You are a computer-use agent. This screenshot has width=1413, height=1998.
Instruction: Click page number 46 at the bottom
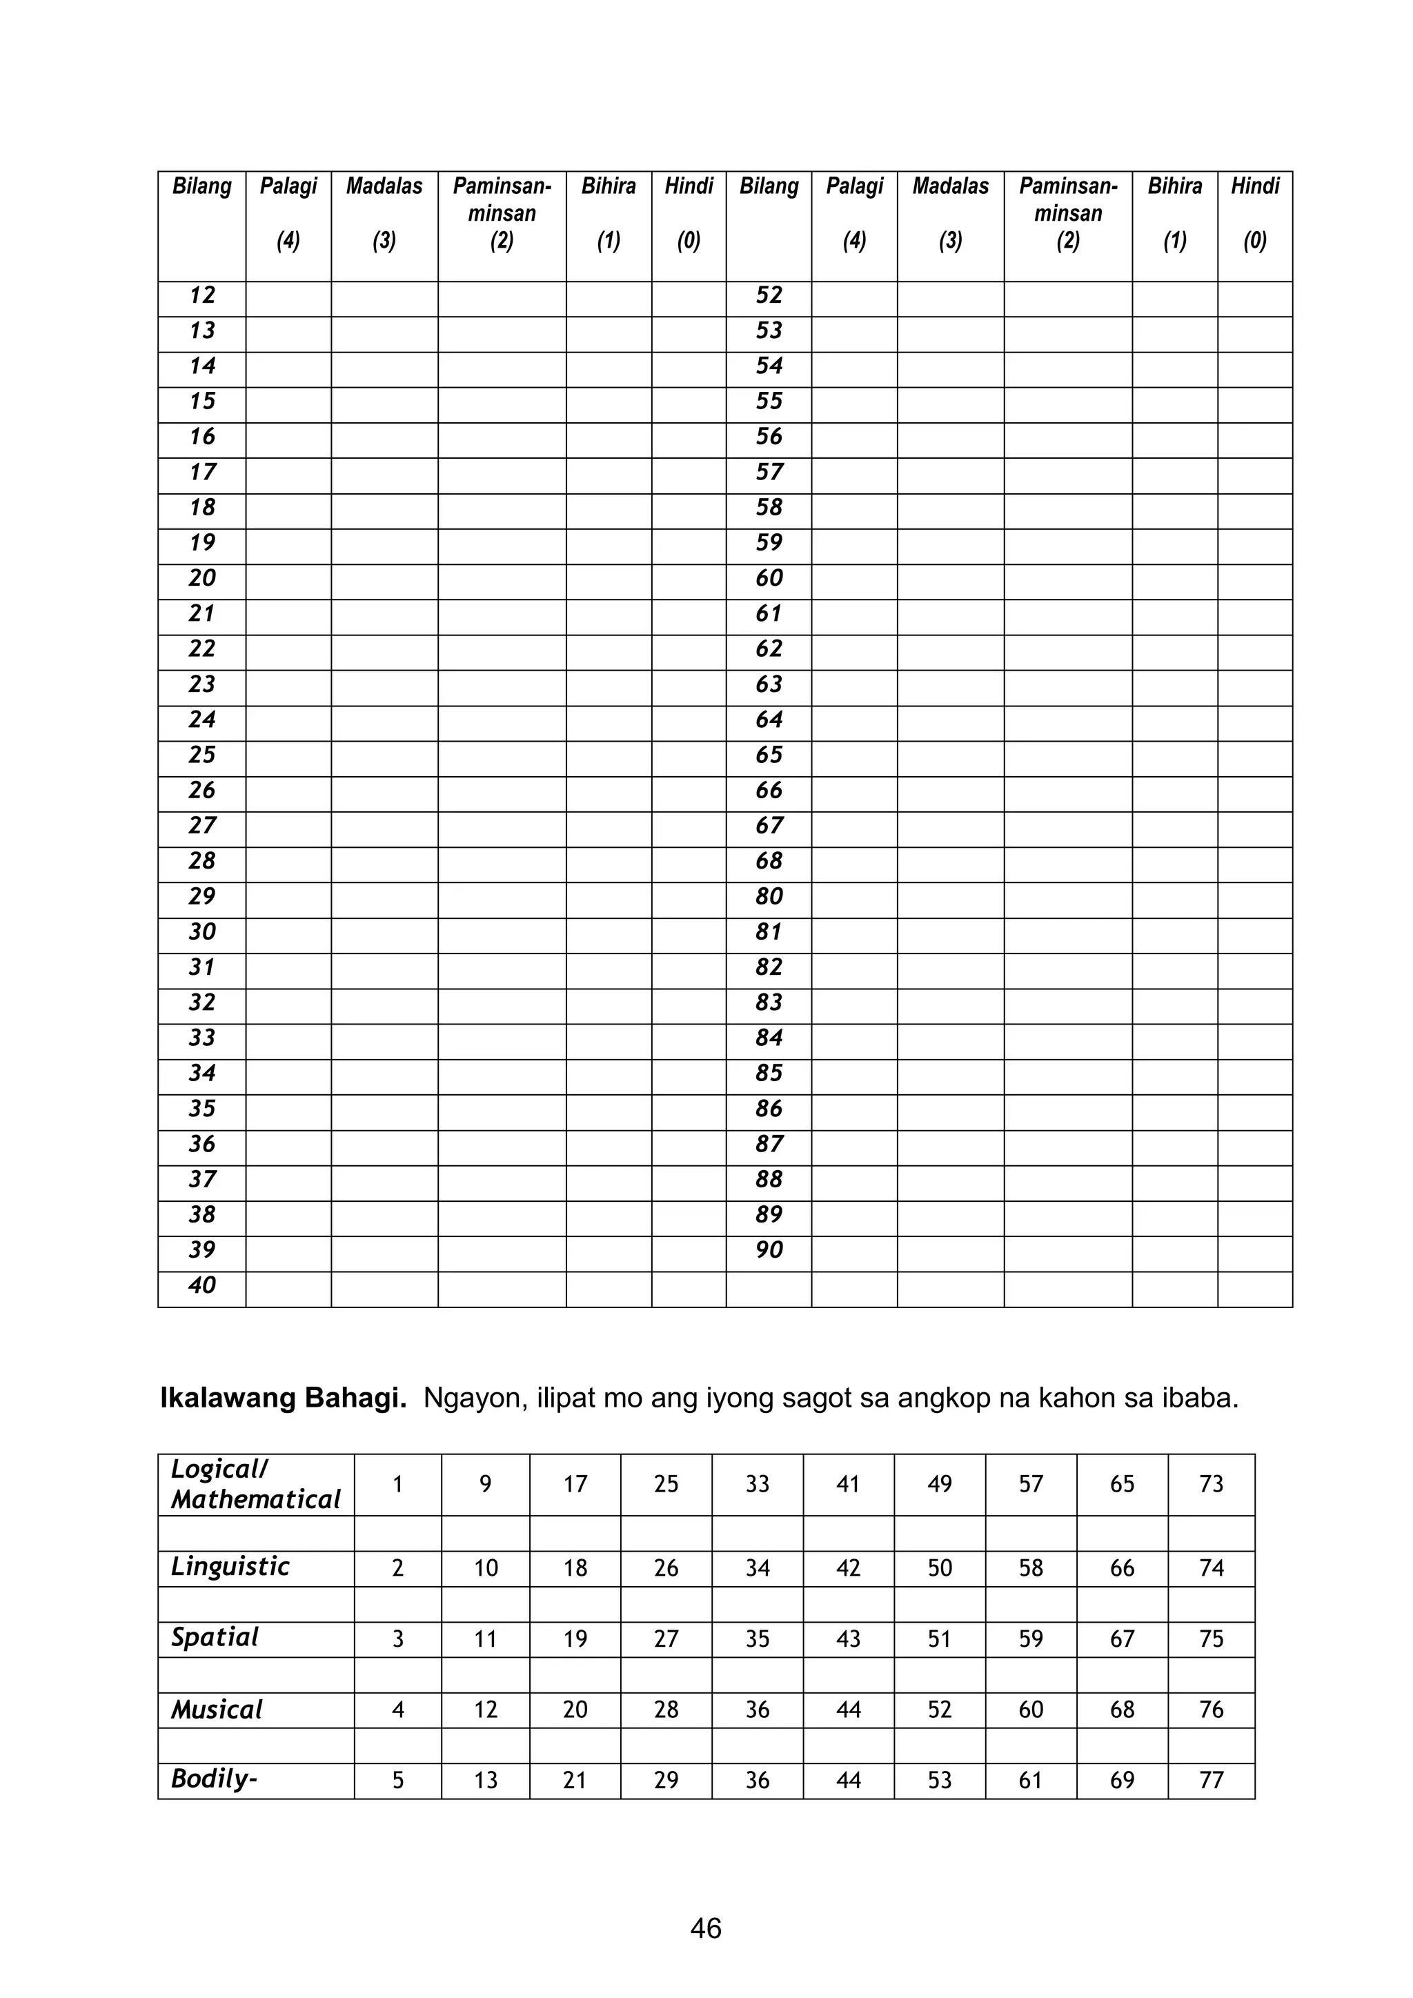[x=706, y=1928]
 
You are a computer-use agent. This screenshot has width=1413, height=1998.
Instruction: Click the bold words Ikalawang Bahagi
[x=283, y=1398]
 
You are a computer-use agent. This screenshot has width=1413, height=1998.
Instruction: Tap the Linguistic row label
[x=230, y=1566]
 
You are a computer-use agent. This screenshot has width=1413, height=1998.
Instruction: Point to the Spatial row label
[x=215, y=1638]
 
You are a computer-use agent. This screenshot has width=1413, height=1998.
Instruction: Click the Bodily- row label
[x=214, y=1779]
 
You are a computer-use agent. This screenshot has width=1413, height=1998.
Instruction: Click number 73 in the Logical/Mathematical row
[x=1211, y=1484]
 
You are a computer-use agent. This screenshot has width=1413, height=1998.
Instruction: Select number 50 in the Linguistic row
[x=940, y=1568]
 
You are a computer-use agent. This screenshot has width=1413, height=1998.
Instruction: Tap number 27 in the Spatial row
[x=666, y=1639]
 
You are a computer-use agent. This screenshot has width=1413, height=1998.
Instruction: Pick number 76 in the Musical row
[x=1211, y=1710]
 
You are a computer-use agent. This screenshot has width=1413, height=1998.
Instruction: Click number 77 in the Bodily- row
[x=1211, y=1781]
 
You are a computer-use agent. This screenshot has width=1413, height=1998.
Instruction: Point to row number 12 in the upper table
[x=202, y=296]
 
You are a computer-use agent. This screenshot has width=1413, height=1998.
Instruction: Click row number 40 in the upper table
[x=202, y=1285]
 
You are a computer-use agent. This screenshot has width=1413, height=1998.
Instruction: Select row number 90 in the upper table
[x=769, y=1249]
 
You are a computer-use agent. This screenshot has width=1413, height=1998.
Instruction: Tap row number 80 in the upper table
[x=769, y=896]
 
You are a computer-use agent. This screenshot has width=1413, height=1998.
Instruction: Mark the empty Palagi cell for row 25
[x=288, y=755]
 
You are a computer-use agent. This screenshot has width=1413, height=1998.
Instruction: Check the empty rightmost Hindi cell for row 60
[x=1254, y=579]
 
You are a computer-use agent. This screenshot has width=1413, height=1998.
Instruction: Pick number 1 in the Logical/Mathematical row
[x=397, y=1484]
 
